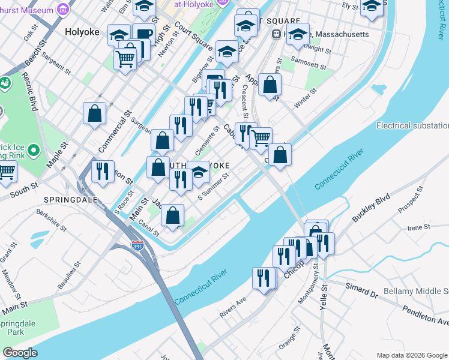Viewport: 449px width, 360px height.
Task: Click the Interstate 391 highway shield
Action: coord(137,245)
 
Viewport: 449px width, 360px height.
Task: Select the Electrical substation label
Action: coord(412,125)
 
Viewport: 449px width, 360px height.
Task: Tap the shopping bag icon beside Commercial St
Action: coord(95,113)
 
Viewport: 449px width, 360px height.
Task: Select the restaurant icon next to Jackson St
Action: coord(103,170)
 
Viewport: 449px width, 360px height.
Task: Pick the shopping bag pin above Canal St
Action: coord(172,215)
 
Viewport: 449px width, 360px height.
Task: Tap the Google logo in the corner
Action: coord(20,353)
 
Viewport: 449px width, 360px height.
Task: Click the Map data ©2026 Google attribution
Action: coord(412,355)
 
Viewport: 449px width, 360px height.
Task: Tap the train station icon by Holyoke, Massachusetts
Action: coord(277,34)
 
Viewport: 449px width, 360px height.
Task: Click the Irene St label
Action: coord(418,227)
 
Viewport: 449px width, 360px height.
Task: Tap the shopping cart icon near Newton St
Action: coord(125,59)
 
